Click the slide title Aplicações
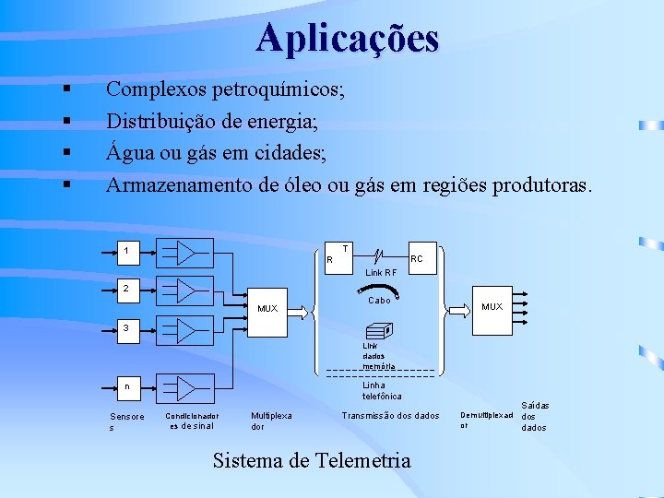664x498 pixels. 348,39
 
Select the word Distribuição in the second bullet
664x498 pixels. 163,121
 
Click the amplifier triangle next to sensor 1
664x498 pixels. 186,253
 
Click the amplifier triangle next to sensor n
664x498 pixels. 186,387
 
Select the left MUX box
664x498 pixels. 267,308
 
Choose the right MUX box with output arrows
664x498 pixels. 492,306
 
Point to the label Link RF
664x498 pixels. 381,273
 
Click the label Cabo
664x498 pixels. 379,301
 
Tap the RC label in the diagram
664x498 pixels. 417,259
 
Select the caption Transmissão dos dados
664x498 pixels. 390,416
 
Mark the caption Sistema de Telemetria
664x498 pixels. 312,460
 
